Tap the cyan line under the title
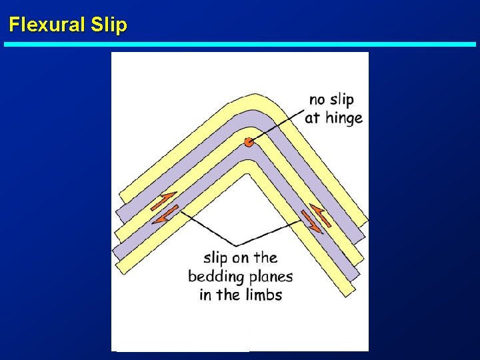(x=240, y=44)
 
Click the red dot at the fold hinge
(x=249, y=141)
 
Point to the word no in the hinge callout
(x=319, y=100)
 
